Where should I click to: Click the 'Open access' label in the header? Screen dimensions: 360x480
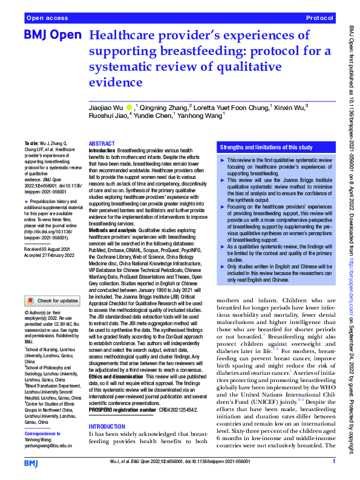click(46, 19)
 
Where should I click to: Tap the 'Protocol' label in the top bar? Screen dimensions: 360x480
click(321, 19)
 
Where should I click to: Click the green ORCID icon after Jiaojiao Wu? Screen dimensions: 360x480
click(129, 108)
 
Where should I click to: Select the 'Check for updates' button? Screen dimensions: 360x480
click(51, 300)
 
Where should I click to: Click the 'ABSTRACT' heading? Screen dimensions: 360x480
click(102, 144)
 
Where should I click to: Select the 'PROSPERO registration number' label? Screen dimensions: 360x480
click(122, 393)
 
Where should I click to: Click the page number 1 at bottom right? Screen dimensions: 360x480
click(334, 462)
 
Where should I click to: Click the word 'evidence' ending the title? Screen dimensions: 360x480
click(113, 82)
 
